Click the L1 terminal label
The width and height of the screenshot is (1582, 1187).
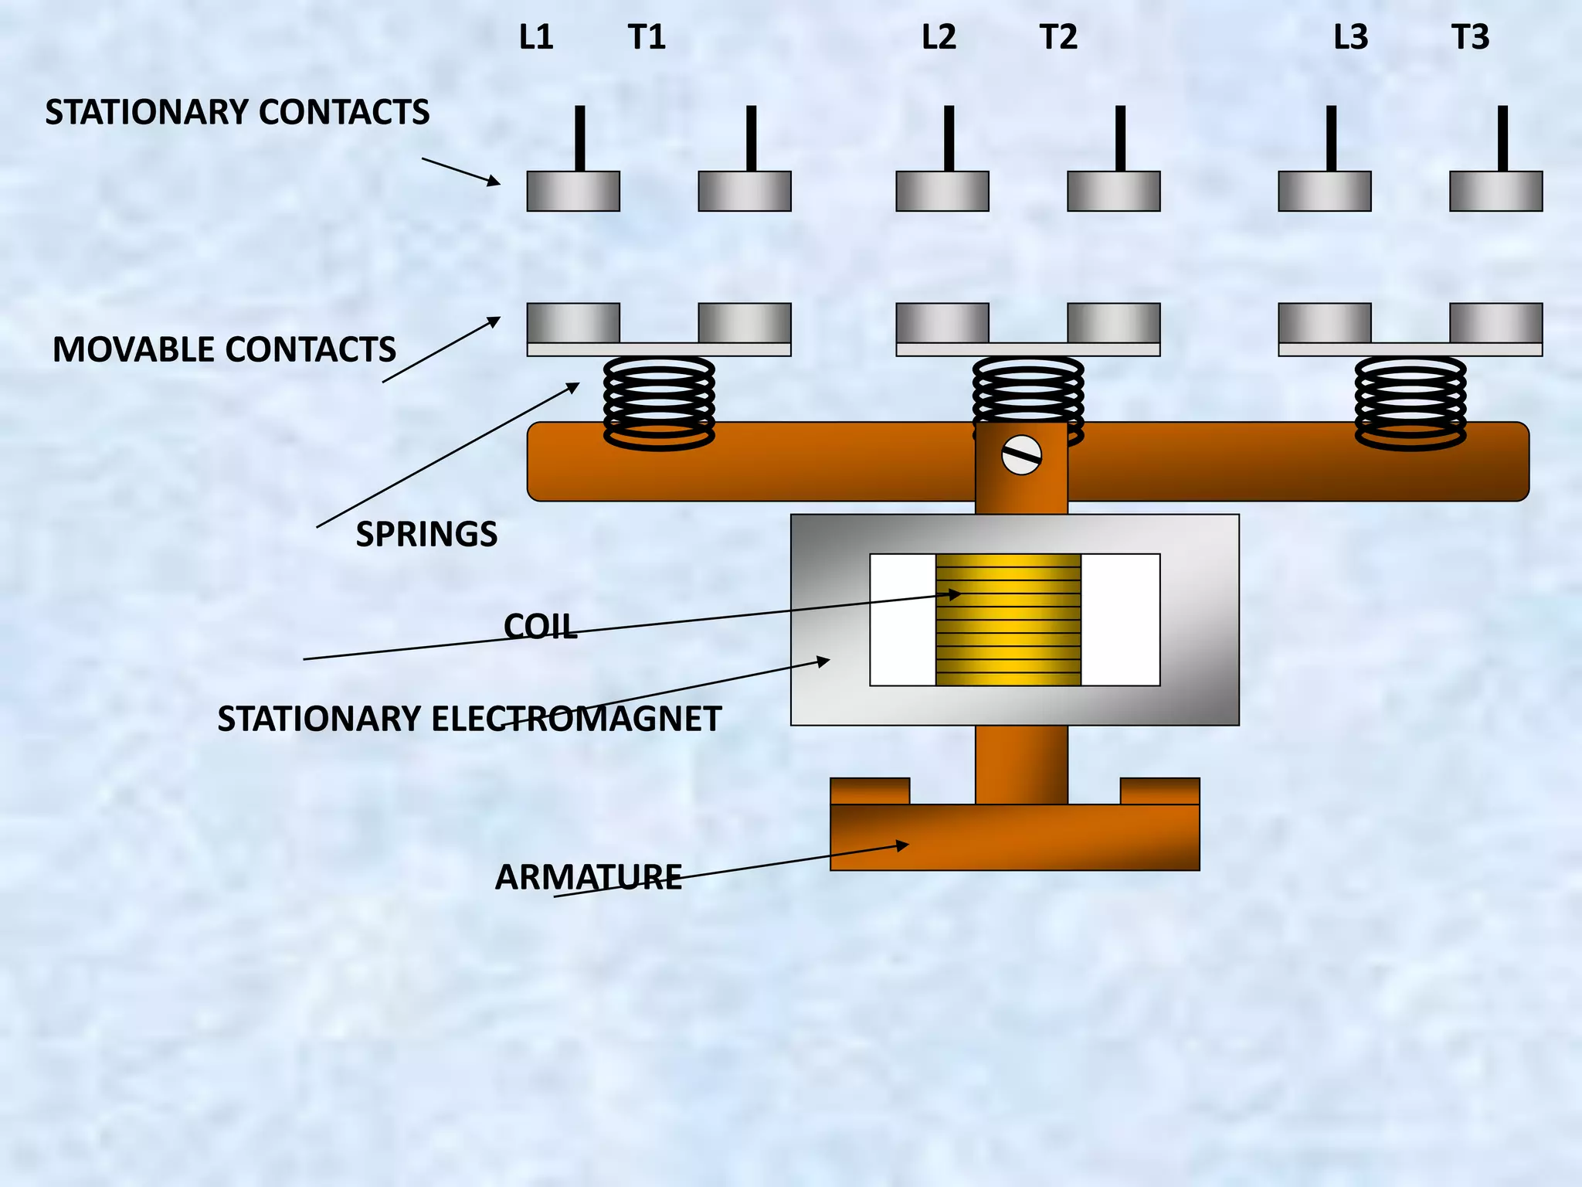click(536, 37)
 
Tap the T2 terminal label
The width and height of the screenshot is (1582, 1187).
click(1058, 37)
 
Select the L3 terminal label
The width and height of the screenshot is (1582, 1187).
click(1350, 37)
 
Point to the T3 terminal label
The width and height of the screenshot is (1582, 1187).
click(1470, 37)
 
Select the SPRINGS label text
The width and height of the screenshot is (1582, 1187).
click(426, 535)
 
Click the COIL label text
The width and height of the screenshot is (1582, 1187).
click(540, 627)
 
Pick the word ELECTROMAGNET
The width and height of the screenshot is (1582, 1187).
click(576, 719)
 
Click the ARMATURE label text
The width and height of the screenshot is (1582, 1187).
click(588, 878)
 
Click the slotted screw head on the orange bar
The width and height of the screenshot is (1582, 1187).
click(1021, 456)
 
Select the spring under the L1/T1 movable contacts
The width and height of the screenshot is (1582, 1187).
click(659, 402)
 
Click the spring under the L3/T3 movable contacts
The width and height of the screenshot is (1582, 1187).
click(1411, 402)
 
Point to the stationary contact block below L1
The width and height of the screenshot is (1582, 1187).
click(573, 192)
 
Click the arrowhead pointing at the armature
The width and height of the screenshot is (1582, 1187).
click(901, 845)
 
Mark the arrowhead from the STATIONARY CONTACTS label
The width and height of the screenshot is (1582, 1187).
click(492, 182)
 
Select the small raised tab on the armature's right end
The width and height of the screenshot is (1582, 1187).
click(1159, 791)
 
